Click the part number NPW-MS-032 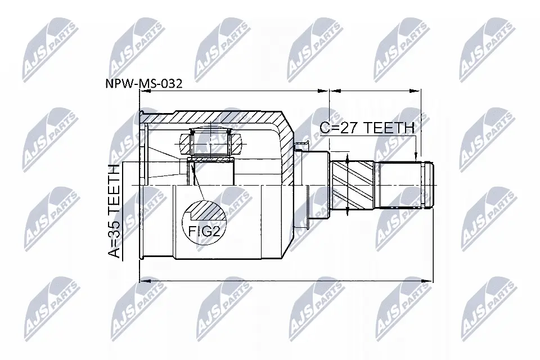tap(143, 83)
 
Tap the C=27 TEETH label tap(367, 128)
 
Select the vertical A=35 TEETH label tap(114, 211)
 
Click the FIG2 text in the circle tap(204, 231)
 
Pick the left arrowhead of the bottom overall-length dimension tap(145, 281)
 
